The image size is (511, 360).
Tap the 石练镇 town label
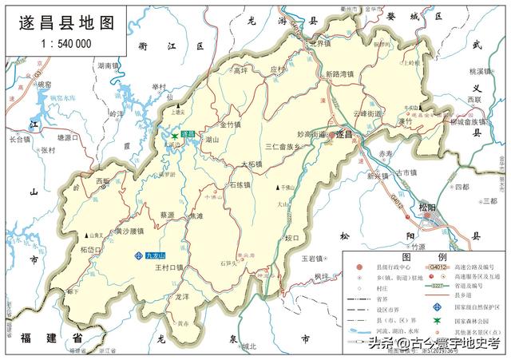pyautogui.click(x=240, y=185)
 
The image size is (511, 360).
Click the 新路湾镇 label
pyautogui.click(x=343, y=74)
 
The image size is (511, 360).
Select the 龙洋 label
pyautogui.click(x=181, y=296)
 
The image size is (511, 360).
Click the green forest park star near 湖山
pyautogui.click(x=175, y=136)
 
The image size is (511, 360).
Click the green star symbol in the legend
pyautogui.click(x=437, y=320)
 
